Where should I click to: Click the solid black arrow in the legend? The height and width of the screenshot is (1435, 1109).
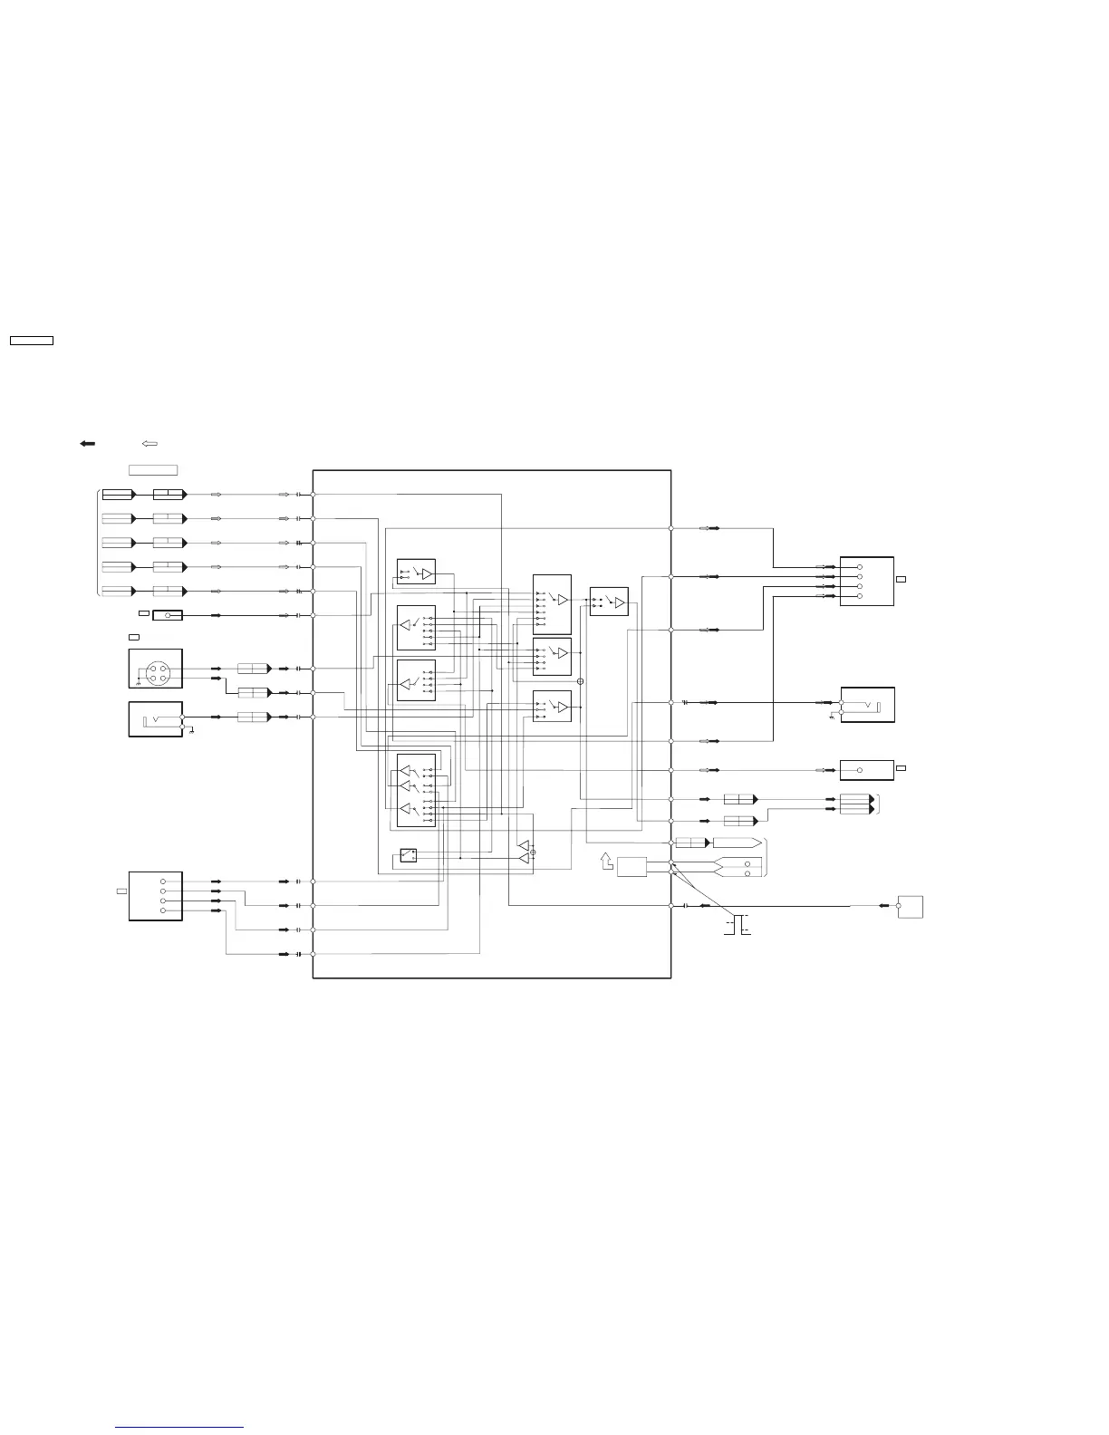[x=88, y=444]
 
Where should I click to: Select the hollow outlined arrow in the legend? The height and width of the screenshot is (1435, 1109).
[x=150, y=444]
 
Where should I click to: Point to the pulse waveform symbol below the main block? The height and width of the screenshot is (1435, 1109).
[x=738, y=925]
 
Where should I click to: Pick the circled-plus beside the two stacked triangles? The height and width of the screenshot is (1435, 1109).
[x=533, y=852]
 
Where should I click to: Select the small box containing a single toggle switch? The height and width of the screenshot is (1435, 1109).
[x=409, y=854]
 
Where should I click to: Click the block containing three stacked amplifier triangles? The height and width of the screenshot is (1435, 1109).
[x=416, y=790]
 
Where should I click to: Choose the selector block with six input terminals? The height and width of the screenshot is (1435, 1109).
[x=552, y=604]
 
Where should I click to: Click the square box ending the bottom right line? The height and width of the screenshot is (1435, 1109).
[x=910, y=906]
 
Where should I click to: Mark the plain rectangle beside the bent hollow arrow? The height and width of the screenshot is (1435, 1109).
[x=632, y=866]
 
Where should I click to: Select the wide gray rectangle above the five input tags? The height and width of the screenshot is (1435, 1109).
[x=152, y=470]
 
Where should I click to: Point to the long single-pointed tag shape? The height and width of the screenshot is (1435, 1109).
[x=737, y=843]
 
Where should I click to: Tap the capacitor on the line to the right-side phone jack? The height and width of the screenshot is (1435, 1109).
[x=686, y=702]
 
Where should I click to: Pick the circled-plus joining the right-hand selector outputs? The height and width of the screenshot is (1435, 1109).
[x=580, y=681]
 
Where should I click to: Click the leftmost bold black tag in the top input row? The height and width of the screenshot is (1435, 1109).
[x=118, y=495]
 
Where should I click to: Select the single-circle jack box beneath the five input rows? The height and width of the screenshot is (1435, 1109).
[x=168, y=615]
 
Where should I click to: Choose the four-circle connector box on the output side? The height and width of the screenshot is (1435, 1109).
[x=866, y=581]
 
